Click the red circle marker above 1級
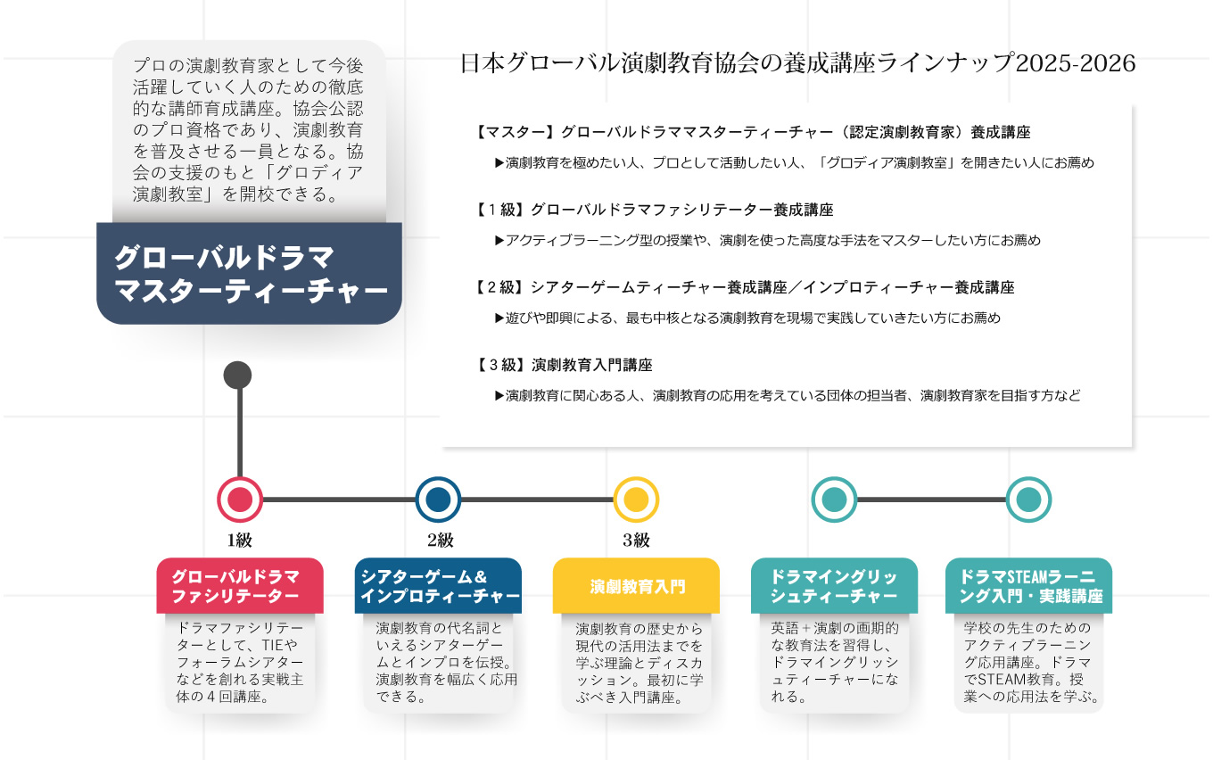240,500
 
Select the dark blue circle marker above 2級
438,500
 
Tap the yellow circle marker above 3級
636,500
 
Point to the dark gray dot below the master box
237,375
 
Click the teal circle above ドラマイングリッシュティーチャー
834,500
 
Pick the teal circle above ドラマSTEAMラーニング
1028,500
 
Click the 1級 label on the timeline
240,541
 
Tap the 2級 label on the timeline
440,541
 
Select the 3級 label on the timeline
636,541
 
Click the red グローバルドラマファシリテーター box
240,585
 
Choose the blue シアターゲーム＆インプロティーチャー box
438,585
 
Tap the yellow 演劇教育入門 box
636,586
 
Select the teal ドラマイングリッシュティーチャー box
834,585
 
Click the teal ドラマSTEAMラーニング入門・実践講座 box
1028,585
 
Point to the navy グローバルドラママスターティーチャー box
249,273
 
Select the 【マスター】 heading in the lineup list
516,133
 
